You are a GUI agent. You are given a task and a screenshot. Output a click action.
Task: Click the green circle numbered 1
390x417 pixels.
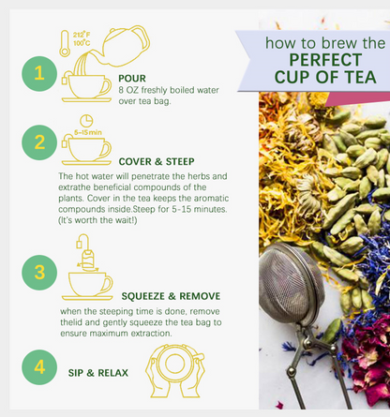pyautogui.click(x=39, y=74)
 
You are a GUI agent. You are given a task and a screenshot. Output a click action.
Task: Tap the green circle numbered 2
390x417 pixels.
pyautogui.click(x=39, y=142)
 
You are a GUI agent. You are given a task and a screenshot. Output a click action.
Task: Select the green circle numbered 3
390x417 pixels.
pyautogui.click(x=39, y=273)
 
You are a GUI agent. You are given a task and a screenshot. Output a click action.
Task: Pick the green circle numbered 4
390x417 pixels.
pyautogui.click(x=39, y=367)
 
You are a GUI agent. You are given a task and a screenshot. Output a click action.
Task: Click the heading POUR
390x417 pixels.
pyautogui.click(x=132, y=79)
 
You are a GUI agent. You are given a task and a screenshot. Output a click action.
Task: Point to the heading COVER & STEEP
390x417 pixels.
pyautogui.click(x=157, y=161)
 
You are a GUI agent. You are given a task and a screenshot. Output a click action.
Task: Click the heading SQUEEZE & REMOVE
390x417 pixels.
pyautogui.click(x=171, y=296)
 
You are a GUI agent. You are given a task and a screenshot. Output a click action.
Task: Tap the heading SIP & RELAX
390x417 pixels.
pyautogui.click(x=98, y=373)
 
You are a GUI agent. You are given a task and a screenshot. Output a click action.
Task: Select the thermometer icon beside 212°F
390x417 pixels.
pyautogui.click(x=65, y=43)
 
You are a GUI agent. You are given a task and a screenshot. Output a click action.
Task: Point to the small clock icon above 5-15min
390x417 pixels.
pyautogui.click(x=86, y=121)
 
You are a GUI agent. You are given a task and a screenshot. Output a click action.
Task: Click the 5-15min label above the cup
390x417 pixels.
pyautogui.click(x=88, y=132)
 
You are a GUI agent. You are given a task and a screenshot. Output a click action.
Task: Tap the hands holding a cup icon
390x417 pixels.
pyautogui.click(x=175, y=371)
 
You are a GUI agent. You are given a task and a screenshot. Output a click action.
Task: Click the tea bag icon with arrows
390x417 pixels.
pyautogui.click(x=86, y=253)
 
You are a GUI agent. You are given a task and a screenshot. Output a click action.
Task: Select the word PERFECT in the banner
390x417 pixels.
pyautogui.click(x=325, y=60)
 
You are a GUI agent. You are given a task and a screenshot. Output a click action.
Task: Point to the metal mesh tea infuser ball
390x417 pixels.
pyautogui.click(x=291, y=283)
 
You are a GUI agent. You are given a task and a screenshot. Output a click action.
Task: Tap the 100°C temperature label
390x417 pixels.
pyautogui.click(x=82, y=43)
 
